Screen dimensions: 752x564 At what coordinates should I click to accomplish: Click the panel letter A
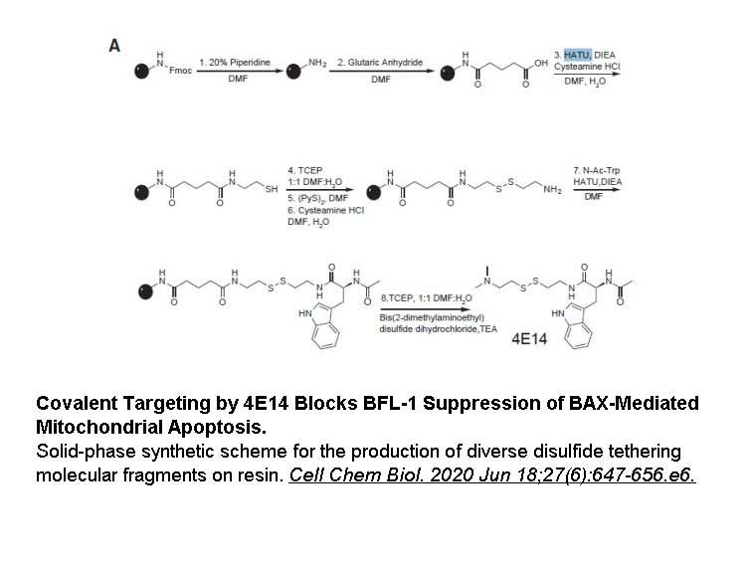pos(114,46)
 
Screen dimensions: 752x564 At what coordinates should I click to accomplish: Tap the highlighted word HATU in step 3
pos(577,55)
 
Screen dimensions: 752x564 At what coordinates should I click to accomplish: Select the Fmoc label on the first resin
pos(180,71)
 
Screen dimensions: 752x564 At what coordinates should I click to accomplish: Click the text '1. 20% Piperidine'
pos(235,63)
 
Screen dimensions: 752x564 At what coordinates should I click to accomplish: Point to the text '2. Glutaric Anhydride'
pos(380,63)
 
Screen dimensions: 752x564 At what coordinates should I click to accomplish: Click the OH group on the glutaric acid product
pos(541,63)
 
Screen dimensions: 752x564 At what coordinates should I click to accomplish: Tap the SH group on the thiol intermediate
pos(272,189)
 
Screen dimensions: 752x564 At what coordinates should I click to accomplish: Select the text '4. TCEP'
pos(305,170)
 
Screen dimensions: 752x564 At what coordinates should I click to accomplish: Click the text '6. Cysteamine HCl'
pos(325,210)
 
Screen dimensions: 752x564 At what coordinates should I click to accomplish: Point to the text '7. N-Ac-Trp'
pos(596,170)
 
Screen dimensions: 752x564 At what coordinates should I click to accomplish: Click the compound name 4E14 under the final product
pos(529,339)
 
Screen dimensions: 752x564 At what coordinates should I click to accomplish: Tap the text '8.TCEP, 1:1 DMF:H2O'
pos(427,298)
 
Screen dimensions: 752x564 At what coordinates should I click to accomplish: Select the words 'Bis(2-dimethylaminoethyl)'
pos(432,317)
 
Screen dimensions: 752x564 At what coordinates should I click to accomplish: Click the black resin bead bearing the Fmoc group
pos(141,71)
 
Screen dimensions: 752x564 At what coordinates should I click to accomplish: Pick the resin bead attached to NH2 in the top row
pos(293,72)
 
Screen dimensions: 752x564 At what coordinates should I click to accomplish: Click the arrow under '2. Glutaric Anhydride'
pos(381,71)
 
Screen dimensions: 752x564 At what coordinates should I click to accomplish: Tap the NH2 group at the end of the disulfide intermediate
pos(552,189)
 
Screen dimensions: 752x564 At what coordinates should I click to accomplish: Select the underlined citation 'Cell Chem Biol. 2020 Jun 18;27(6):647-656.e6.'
pos(492,474)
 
